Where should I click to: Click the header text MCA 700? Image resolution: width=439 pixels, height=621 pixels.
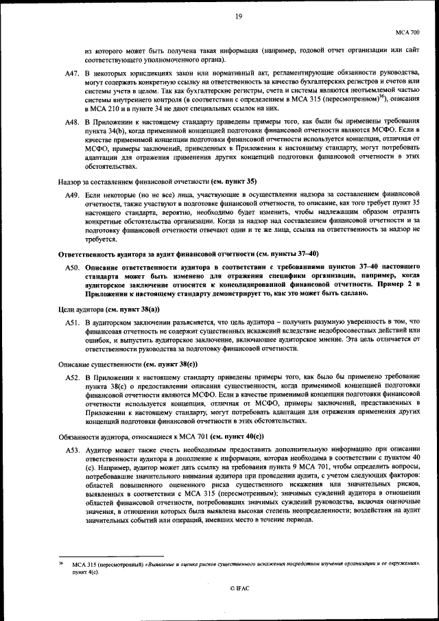pos(409,32)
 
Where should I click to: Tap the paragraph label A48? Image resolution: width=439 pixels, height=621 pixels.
pos(72,121)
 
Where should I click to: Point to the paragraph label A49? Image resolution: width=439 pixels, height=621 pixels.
pos(72,196)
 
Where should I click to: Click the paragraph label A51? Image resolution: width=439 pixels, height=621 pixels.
pos(72,322)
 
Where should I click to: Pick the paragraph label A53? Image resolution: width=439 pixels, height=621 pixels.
pos(72,449)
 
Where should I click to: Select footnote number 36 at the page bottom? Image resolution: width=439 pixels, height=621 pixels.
pos(61,562)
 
